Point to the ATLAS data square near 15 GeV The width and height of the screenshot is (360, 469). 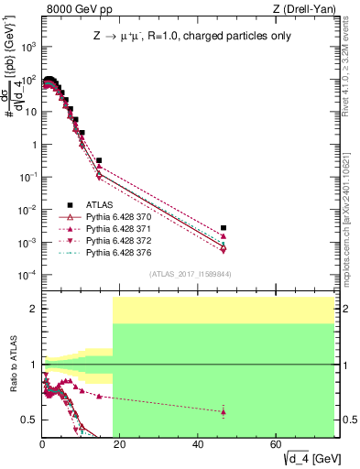point(99,160)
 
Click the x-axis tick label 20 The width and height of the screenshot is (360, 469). point(120,445)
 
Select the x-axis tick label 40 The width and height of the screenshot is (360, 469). point(199,445)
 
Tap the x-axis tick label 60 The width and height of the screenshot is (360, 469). point(277,445)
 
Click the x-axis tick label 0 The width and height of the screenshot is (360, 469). point(42,445)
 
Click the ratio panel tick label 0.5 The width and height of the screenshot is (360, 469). point(30,420)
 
